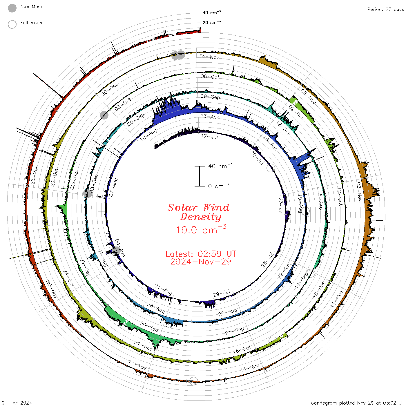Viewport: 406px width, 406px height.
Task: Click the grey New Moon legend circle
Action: [12, 8]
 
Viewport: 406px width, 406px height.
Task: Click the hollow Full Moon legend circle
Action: [12, 24]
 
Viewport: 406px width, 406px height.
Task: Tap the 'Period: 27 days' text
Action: [385, 10]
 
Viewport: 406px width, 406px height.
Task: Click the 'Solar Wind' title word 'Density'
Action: [201, 217]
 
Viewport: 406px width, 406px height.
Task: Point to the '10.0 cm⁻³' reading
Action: [201, 229]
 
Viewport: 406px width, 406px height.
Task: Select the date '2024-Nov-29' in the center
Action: [201, 262]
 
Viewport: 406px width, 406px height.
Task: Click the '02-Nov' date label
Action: [209, 57]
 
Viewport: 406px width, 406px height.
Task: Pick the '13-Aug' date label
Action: [210, 117]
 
